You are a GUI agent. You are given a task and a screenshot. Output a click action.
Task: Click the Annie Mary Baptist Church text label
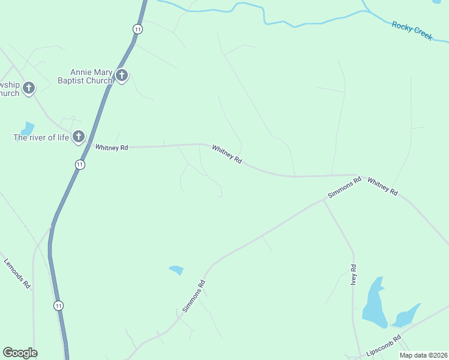point(85,77)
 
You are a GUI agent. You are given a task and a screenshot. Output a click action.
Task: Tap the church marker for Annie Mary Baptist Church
point(122,76)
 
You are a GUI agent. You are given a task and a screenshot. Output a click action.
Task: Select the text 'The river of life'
point(41,137)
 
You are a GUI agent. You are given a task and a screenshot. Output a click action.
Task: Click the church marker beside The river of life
point(78,137)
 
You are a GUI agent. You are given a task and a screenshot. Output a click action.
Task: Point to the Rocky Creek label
point(412,31)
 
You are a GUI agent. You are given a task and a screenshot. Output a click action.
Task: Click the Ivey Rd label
point(354,274)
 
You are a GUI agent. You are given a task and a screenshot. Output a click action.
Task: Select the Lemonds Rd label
point(17,274)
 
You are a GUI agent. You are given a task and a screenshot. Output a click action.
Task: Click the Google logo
point(20,353)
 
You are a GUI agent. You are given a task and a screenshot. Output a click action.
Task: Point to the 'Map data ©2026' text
point(423,355)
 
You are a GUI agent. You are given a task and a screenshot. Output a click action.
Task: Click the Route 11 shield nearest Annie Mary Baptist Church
point(138,29)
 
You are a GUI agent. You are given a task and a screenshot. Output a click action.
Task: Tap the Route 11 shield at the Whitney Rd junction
point(80,164)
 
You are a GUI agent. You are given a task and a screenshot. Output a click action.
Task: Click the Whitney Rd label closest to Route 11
point(112,147)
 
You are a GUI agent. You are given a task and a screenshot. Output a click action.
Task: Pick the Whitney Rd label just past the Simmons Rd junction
point(382,186)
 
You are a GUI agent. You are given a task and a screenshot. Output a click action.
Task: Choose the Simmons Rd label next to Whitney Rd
point(345,187)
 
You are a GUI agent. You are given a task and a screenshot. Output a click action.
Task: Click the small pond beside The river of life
point(28,128)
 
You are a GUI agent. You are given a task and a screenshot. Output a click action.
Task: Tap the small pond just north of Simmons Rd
point(176,270)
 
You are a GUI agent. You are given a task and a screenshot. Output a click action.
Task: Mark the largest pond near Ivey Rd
point(373,303)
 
